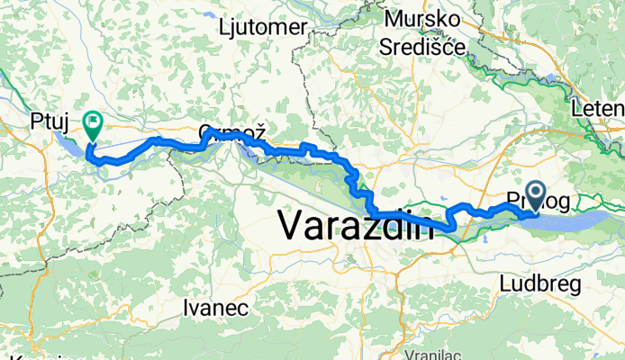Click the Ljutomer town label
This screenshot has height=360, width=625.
[x=263, y=27]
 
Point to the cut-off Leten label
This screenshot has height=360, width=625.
[x=598, y=110]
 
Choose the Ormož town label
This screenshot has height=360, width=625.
[x=231, y=132]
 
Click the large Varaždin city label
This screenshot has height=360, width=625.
[x=356, y=224]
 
